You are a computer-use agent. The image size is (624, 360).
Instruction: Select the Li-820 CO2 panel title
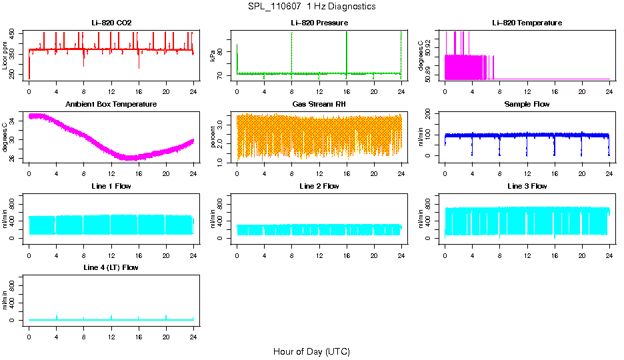tap(111, 23)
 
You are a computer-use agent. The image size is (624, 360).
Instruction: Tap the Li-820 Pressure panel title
tap(319, 23)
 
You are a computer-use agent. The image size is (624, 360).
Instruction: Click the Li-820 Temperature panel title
tap(527, 23)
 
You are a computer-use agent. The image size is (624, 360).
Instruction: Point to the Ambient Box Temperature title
tap(111, 105)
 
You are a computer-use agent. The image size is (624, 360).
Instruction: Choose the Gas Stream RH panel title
tap(319, 105)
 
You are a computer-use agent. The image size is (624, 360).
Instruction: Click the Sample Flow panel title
tap(527, 105)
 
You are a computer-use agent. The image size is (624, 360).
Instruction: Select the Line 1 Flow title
tap(111, 186)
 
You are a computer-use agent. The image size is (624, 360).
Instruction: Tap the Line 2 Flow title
tap(319, 186)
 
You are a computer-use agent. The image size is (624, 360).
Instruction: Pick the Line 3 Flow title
tap(527, 186)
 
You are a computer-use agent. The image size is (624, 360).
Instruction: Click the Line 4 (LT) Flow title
tap(111, 267)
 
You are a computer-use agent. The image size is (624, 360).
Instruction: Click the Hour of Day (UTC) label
tap(311, 351)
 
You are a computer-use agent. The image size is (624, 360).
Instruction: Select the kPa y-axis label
tap(213, 56)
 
